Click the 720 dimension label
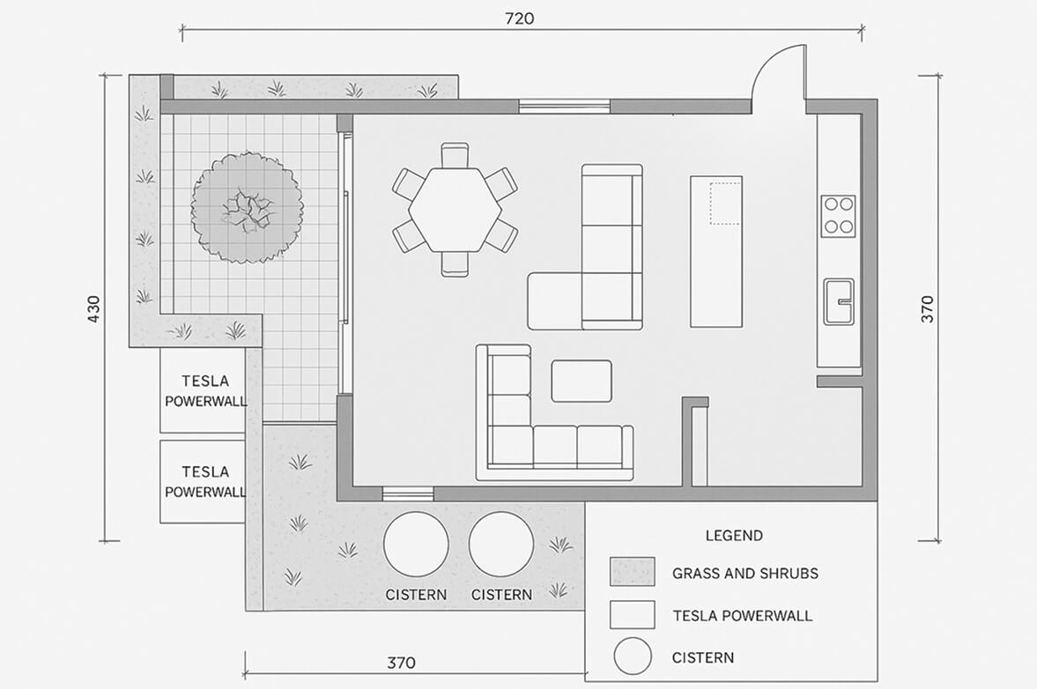519,19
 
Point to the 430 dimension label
93,308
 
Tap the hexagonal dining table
455,210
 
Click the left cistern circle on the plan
416,545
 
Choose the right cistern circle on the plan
501,545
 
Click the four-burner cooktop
838,216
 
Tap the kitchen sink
839,301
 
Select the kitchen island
716,251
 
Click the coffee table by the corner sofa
581,381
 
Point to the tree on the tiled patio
248,207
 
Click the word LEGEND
734,536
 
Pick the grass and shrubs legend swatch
633,572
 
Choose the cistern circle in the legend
633,656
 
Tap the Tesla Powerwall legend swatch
633,614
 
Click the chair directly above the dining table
455,155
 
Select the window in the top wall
564,106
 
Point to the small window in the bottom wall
408,493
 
